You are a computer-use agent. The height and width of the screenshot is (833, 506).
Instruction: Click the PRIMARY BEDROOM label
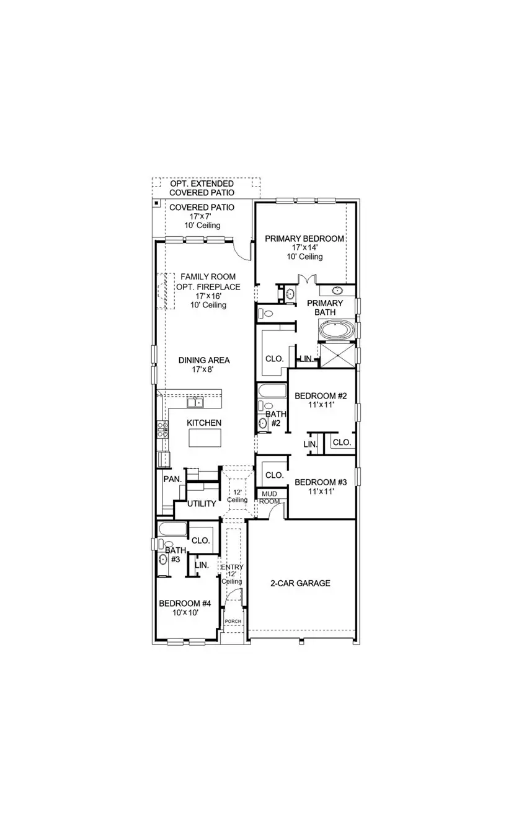(x=304, y=239)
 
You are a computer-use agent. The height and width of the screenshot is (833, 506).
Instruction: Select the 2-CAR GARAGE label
(x=300, y=583)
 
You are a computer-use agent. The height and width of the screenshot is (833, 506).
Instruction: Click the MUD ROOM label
(x=269, y=497)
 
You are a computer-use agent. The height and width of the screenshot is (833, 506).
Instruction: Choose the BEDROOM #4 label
(x=185, y=603)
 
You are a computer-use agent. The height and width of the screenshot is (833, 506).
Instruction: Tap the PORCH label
(x=233, y=621)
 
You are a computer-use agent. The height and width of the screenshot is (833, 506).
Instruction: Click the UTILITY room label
(x=202, y=504)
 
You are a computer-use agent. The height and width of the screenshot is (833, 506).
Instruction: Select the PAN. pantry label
(x=172, y=479)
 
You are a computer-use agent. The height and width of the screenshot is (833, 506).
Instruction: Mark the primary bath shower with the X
(x=337, y=355)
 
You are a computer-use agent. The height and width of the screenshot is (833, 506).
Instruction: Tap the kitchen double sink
(x=196, y=402)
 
